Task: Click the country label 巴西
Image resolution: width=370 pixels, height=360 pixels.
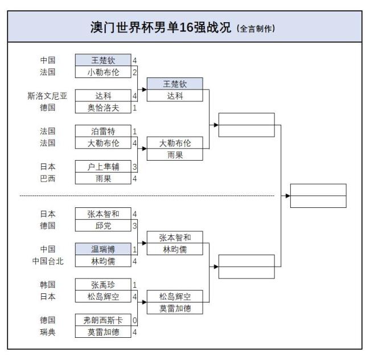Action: [47, 178]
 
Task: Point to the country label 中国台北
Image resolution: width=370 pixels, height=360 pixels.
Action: [47, 261]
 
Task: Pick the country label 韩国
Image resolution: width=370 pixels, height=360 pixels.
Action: [47, 284]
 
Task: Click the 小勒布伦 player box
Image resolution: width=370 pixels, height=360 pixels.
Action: [103, 72]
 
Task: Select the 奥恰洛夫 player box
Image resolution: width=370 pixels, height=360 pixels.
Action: [103, 108]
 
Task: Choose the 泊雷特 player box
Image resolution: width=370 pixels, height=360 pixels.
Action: [103, 132]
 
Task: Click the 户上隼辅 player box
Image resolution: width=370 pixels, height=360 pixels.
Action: [103, 167]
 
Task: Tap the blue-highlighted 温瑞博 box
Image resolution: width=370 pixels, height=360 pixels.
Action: [103, 249]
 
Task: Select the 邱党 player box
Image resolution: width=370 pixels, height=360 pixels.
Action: [103, 226]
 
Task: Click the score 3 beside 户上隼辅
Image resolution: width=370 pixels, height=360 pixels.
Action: [135, 167]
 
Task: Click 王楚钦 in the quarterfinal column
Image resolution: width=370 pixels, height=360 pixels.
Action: [175, 84]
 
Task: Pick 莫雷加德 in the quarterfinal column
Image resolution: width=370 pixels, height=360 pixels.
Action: [175, 308]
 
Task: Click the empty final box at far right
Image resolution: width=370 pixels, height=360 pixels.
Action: [318, 195]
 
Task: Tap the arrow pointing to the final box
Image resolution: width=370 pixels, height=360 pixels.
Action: [287, 195]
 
